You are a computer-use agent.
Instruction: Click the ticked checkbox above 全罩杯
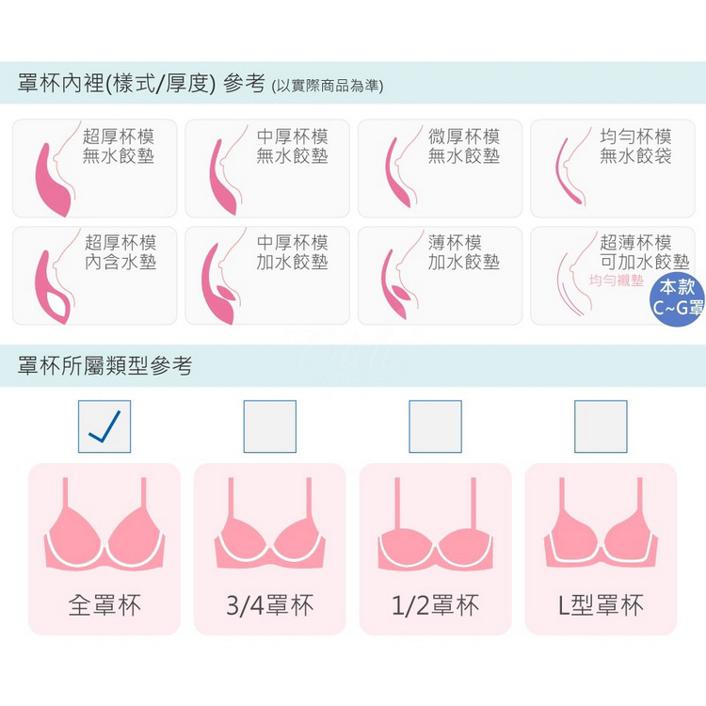(104, 426)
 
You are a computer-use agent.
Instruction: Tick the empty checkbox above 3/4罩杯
(270, 426)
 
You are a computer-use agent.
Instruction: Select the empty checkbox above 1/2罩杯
(436, 426)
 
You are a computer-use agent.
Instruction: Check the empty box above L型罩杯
(601, 426)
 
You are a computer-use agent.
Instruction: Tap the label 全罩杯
(104, 604)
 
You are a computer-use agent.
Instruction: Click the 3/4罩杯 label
(270, 604)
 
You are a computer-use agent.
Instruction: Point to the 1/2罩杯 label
(436, 604)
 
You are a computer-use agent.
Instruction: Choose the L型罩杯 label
(601, 604)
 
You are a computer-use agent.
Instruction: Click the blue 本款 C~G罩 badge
(677, 297)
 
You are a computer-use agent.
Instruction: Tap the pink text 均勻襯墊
(617, 281)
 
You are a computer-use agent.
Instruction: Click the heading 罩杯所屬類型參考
(104, 365)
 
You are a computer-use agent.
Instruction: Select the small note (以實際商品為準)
(328, 86)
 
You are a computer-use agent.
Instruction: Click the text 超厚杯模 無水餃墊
(119, 146)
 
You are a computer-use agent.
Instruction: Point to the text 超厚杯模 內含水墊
(120, 252)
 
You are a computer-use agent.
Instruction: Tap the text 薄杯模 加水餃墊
(464, 252)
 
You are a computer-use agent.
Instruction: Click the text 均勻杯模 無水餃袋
(635, 146)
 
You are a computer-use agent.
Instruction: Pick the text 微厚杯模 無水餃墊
(464, 146)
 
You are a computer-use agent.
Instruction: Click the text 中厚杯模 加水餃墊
(292, 252)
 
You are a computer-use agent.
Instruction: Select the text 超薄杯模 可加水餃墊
(645, 252)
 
